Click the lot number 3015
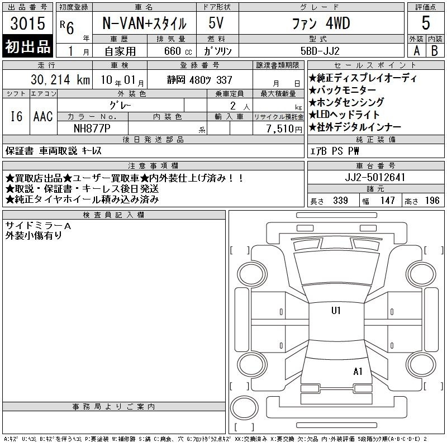click(x=27, y=23)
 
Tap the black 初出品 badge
click(x=27, y=46)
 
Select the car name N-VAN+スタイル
click(x=144, y=23)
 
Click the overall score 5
click(x=426, y=23)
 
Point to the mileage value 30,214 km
click(x=60, y=80)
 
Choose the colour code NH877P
click(x=92, y=129)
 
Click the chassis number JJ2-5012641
click(x=375, y=177)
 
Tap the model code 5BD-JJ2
click(x=320, y=51)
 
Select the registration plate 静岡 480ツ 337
click(x=199, y=80)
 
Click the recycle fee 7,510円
click(x=284, y=129)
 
